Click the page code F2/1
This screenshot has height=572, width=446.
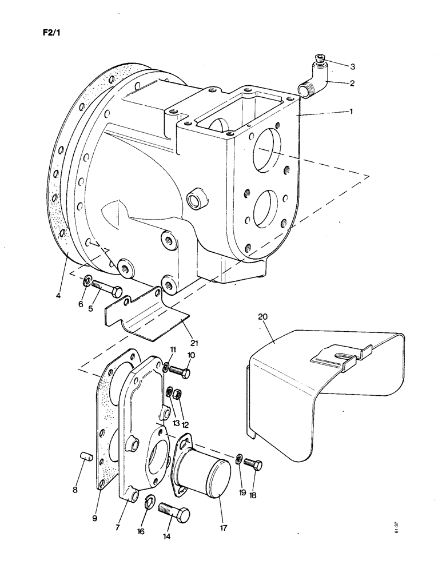click(50, 32)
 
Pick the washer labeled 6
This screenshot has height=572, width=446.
click(87, 281)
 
